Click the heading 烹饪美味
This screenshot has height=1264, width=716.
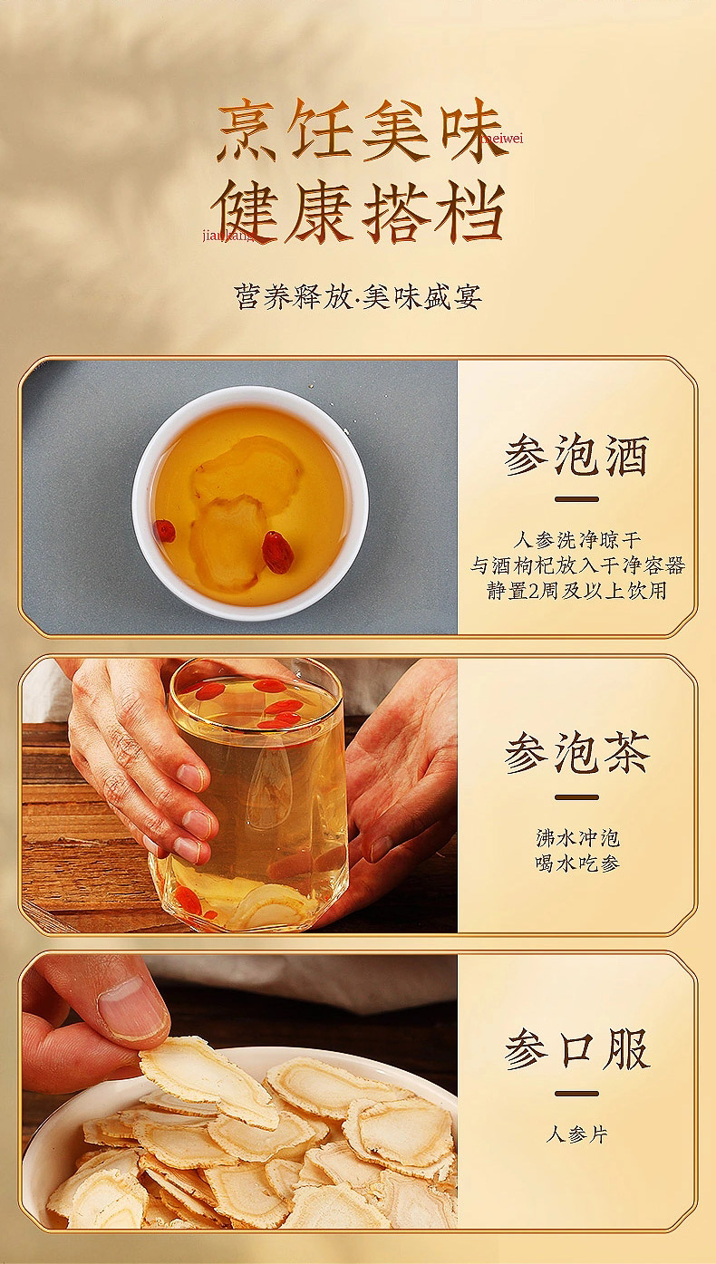(x=360, y=129)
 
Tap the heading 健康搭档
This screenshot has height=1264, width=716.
(x=358, y=212)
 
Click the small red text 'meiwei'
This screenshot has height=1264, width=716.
(x=502, y=139)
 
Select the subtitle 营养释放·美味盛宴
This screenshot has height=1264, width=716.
(x=358, y=296)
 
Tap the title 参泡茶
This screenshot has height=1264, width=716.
(x=576, y=753)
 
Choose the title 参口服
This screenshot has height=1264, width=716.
(x=576, y=1049)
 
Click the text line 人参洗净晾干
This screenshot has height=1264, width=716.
(x=577, y=540)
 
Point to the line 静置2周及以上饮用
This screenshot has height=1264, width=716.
(x=576, y=591)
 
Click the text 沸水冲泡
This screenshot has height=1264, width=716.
(x=577, y=838)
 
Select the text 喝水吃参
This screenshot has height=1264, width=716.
(x=577, y=863)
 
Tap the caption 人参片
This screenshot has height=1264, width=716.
(x=576, y=1134)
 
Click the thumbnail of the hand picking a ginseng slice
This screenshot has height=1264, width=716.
(x=240, y=1092)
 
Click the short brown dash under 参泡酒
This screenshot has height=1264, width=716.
(x=576, y=499)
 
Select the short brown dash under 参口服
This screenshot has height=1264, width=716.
(x=576, y=1093)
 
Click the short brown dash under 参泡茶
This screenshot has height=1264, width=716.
(x=576, y=797)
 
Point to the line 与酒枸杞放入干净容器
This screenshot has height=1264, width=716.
(x=577, y=565)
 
